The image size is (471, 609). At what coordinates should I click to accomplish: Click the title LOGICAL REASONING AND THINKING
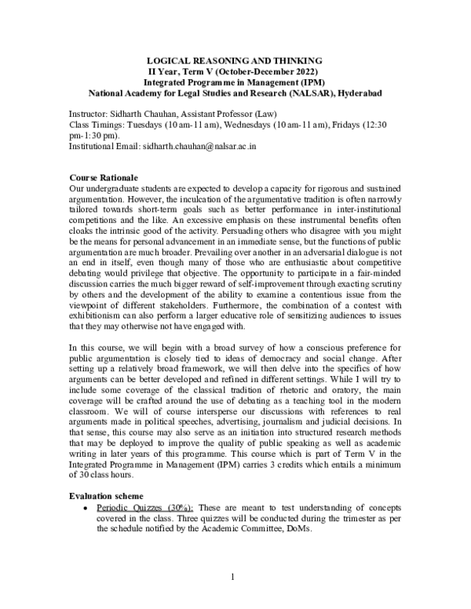(235, 60)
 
